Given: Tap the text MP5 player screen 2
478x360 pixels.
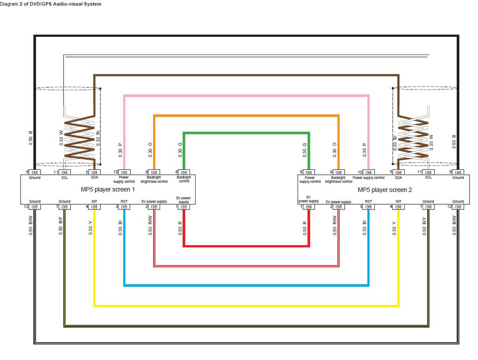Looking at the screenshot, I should pos(385,190).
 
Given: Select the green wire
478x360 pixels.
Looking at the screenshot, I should pos(245,133).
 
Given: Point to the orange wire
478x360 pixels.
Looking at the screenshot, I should pos(245,116).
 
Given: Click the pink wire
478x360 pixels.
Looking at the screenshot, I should pos(245,96).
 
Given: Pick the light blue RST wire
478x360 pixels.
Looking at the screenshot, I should pos(245,285).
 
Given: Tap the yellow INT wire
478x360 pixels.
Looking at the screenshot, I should pos(245,306).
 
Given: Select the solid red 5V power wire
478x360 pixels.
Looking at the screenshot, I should pos(245,245).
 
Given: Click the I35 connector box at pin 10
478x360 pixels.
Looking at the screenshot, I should pos(124,173).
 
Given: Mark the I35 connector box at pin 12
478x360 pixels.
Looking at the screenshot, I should pos(35,207).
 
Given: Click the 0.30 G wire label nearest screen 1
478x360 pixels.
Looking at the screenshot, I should pos(180,148).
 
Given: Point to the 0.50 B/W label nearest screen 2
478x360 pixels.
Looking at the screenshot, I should pos(454,226).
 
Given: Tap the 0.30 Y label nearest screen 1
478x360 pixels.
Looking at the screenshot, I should pos(91,226).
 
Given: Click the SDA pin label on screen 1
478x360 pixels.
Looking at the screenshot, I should pos(94,178).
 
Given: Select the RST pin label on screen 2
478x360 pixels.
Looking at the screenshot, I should pos(368,201).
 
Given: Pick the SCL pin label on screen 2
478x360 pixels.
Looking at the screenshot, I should pos(428,178).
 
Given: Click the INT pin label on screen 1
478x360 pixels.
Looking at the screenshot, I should pos(94,201).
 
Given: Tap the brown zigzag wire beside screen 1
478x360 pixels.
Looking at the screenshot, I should pos(80,138).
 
